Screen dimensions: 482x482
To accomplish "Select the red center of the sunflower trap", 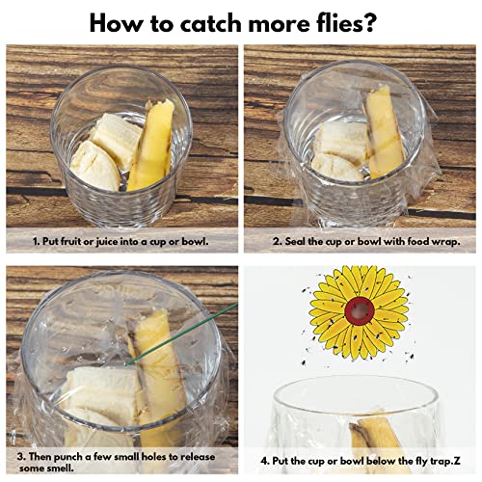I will pos(360,310).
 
